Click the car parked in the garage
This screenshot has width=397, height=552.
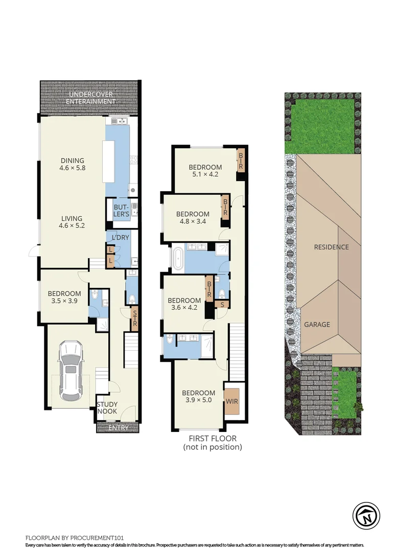70,371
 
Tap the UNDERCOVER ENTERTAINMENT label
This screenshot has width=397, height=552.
91,98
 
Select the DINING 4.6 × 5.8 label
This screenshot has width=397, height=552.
72,164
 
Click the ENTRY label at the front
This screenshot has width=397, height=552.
118,428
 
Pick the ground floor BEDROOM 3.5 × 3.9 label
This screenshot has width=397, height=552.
64,297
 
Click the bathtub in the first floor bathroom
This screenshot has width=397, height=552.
177,259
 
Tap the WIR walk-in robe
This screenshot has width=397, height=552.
232,401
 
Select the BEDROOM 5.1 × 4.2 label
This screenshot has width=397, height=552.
205,171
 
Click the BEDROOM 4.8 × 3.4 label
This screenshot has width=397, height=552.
193,218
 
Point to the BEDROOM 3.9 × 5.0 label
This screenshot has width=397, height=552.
199,397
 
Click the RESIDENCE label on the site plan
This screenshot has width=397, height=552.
331,247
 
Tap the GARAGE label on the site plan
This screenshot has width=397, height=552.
317,324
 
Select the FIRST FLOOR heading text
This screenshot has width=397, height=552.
213,439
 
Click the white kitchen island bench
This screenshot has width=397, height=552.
108,162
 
